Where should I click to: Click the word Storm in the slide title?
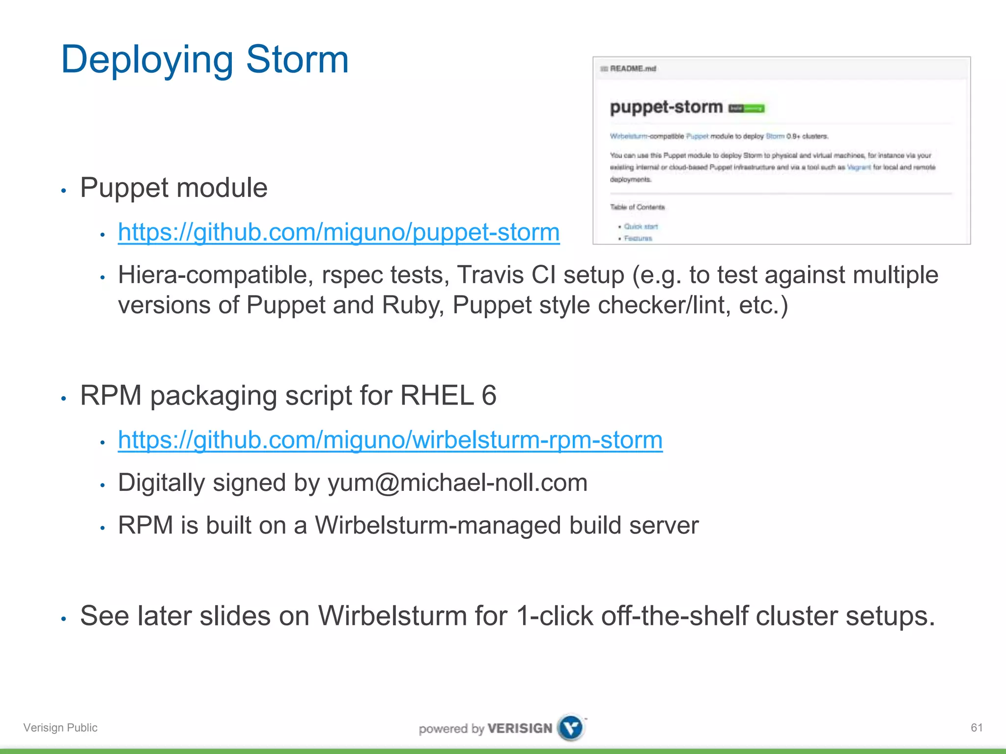pos(297,60)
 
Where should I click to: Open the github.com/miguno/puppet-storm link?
pos(338,232)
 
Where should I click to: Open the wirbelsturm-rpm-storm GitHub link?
pos(390,440)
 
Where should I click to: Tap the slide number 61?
pos(977,727)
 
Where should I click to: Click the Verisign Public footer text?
pos(60,727)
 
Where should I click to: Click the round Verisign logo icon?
pos(571,727)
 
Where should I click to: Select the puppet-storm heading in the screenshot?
pos(666,107)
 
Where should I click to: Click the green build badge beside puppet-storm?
pos(746,108)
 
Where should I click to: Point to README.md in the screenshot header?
pos(633,69)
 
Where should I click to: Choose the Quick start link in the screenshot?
pos(641,226)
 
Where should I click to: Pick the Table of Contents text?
pos(637,207)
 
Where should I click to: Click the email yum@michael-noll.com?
pos(457,483)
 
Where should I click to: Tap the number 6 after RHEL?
pos(489,396)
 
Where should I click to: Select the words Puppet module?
pos(174,188)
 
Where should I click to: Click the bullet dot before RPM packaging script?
pos(63,398)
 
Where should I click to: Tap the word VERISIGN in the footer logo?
pos(520,728)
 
